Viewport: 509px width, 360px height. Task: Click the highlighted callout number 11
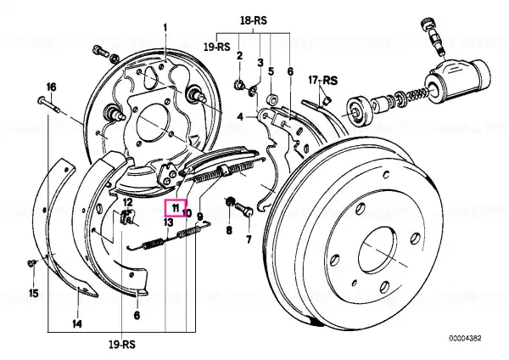click(176, 208)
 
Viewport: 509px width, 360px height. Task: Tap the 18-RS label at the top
click(254, 20)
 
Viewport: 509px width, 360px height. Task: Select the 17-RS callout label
click(322, 80)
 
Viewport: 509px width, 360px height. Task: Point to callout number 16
click(51, 87)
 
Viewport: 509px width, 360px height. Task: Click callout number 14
click(77, 323)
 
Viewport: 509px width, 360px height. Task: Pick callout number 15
click(33, 294)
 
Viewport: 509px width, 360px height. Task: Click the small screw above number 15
click(31, 262)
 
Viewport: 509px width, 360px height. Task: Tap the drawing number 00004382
click(465, 339)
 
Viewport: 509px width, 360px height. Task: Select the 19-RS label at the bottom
click(121, 345)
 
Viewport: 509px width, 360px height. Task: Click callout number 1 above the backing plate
click(165, 28)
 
